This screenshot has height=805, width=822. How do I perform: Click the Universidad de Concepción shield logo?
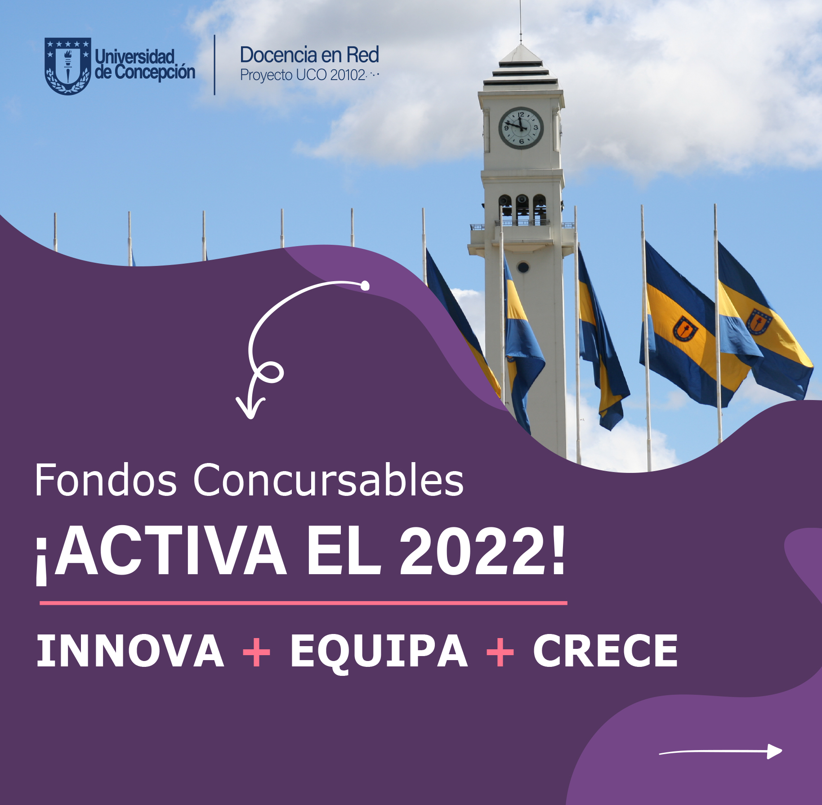tap(68, 66)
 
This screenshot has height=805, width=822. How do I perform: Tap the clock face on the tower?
tap(521, 128)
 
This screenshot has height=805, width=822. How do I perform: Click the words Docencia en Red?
tap(309, 55)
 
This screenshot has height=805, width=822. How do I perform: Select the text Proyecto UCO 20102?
tap(303, 75)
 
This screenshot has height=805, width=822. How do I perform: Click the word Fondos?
tap(106, 480)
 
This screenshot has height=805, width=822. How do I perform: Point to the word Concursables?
tap(328, 480)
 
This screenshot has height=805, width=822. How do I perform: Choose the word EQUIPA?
tap(379, 652)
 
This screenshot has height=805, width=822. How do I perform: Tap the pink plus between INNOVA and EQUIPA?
tap(256, 651)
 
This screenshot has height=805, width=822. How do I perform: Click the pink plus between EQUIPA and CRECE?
tap(500, 651)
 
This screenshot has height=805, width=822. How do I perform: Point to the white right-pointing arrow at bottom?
tap(721, 751)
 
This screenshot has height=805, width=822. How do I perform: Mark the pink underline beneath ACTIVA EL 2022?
tap(304, 603)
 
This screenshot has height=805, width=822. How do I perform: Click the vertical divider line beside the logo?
tap(214, 65)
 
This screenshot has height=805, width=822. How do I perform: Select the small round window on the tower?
tap(523, 267)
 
